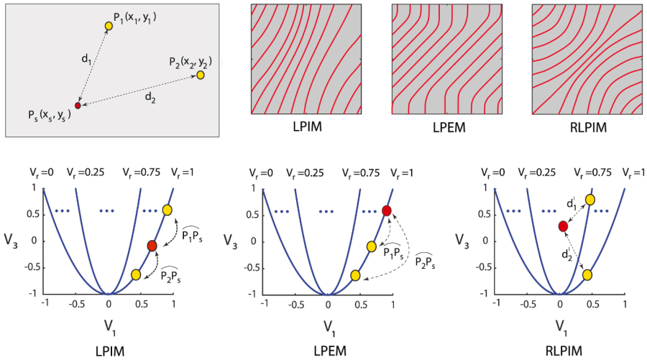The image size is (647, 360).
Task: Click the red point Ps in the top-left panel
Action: [x=78, y=106]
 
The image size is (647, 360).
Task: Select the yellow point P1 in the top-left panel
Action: [x=108, y=26]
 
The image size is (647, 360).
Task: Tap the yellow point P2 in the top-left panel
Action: [x=201, y=75]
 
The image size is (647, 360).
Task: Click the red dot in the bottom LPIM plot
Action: [x=152, y=246]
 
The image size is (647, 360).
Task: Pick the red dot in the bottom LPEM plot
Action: [x=387, y=211]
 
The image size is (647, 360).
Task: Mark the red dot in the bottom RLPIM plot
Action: [x=563, y=226]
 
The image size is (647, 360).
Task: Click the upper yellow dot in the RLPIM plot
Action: [x=589, y=199]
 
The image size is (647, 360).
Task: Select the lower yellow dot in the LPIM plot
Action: [x=136, y=274]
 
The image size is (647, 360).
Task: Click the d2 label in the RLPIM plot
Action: [x=566, y=254]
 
